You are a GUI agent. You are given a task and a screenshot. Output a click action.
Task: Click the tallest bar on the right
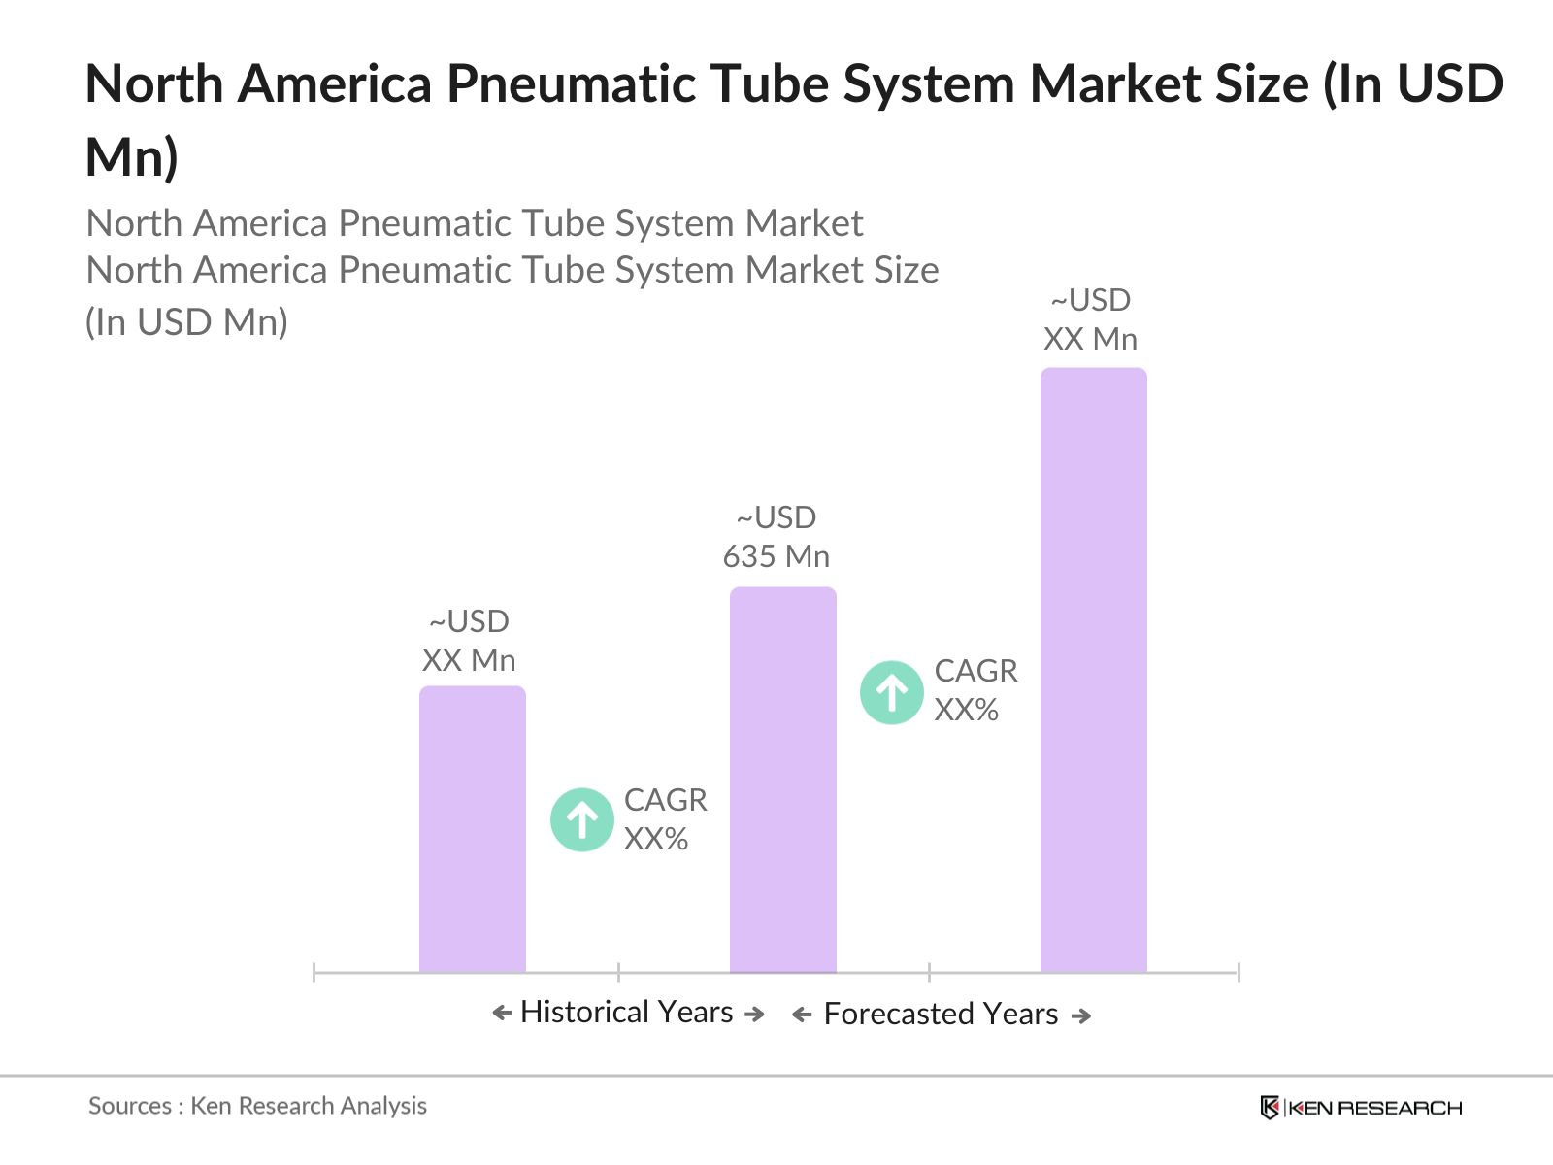(x=1093, y=670)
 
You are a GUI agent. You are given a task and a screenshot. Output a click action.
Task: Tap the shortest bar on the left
(x=472, y=829)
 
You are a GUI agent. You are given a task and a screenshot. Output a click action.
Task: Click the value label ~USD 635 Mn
(x=776, y=537)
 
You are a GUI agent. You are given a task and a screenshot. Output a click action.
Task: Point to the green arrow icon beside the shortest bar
(x=581, y=819)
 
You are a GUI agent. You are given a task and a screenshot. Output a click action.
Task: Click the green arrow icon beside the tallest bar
(x=891, y=692)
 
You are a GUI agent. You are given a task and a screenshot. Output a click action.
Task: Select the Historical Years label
(x=627, y=1013)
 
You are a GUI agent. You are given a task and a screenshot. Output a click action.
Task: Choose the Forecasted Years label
(x=941, y=1015)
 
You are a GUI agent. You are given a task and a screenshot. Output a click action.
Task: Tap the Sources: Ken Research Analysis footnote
(x=257, y=1106)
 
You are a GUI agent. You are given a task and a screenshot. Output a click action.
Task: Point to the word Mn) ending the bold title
(x=132, y=157)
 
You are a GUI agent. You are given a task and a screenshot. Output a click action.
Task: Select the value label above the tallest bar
(x=1091, y=319)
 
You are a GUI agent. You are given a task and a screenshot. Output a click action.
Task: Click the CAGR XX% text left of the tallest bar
(x=975, y=690)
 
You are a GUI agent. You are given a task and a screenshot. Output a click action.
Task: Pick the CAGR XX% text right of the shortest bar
(x=665, y=819)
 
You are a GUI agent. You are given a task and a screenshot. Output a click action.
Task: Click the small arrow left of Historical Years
(x=502, y=1014)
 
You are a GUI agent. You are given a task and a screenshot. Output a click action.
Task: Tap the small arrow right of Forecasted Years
(x=1080, y=1016)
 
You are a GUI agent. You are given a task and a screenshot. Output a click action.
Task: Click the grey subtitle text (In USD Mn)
(x=187, y=322)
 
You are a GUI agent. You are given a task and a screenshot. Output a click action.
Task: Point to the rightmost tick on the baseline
(x=1239, y=972)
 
